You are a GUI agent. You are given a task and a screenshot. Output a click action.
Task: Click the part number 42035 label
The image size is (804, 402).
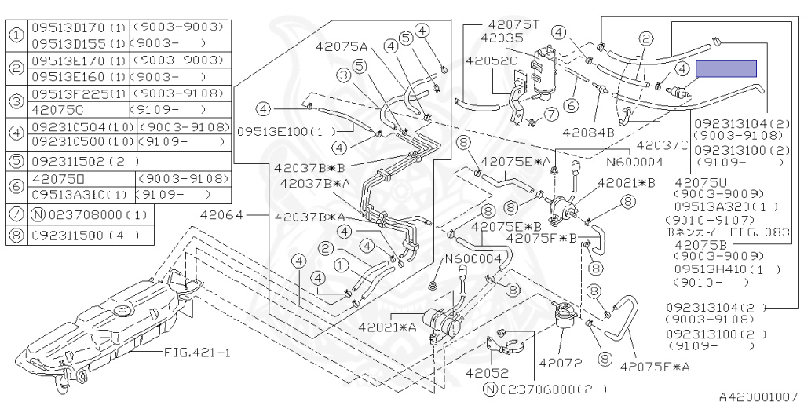pyautogui.click(x=500, y=37)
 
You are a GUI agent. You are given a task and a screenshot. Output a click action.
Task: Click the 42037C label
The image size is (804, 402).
pyautogui.click(x=661, y=144)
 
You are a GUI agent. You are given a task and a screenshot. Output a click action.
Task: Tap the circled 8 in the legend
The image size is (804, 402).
pyautogui.click(x=16, y=234)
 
